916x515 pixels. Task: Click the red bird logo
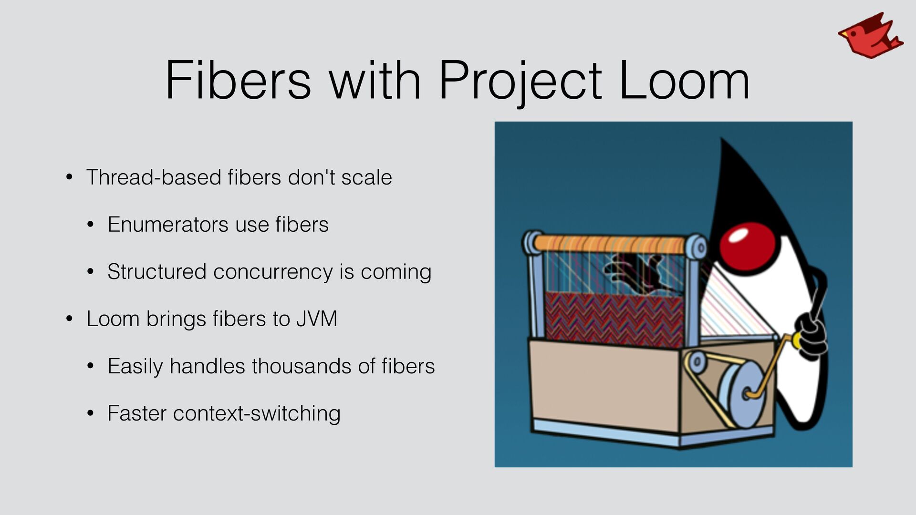pyautogui.click(x=870, y=36)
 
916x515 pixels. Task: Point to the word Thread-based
pyautogui.click(x=154, y=177)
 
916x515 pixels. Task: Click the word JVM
pyautogui.click(x=317, y=319)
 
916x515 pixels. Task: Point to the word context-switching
pyautogui.click(x=257, y=414)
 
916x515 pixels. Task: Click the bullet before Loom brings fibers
pyautogui.click(x=70, y=319)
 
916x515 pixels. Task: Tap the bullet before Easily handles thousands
pyautogui.click(x=91, y=366)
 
